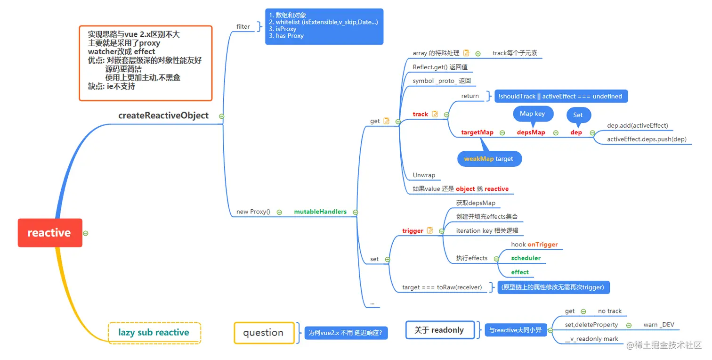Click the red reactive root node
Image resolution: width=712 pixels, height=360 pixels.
pyautogui.click(x=50, y=232)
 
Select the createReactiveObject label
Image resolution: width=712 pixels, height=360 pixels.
pyautogui.click(x=163, y=115)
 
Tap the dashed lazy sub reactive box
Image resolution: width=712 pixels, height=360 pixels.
pyautogui.click(x=154, y=333)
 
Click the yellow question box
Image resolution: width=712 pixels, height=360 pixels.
pyautogui.click(x=264, y=333)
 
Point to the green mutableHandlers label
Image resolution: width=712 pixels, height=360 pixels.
pyautogui.click(x=320, y=212)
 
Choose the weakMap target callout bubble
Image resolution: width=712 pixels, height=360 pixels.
pyautogui.click(x=489, y=158)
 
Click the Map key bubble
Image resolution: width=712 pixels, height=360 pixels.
pyautogui.click(x=533, y=114)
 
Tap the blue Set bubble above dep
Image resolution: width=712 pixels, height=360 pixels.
pyautogui.click(x=578, y=115)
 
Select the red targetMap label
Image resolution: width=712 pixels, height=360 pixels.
pyautogui.click(x=477, y=132)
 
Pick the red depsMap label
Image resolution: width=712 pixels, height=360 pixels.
pyautogui.click(x=531, y=132)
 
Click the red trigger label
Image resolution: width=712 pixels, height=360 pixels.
pyautogui.click(x=413, y=230)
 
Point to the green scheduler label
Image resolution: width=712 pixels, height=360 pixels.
pyautogui.click(x=526, y=258)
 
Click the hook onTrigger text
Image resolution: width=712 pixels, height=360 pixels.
pyautogui.click(x=534, y=244)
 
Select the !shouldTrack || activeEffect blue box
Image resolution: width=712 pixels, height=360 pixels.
pyautogui.click(x=561, y=96)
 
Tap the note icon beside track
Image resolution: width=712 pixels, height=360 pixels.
pyautogui.click(x=435, y=114)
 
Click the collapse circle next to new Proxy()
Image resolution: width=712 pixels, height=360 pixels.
pyautogui.click(x=279, y=212)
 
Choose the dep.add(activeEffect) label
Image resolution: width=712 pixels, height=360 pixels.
pyautogui.click(x=637, y=125)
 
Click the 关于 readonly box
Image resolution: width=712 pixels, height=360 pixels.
pyautogui.click(x=440, y=330)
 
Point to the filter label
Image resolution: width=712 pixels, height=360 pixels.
pyautogui.click(x=243, y=26)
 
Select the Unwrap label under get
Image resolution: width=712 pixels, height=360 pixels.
pyautogui.click(x=424, y=175)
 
